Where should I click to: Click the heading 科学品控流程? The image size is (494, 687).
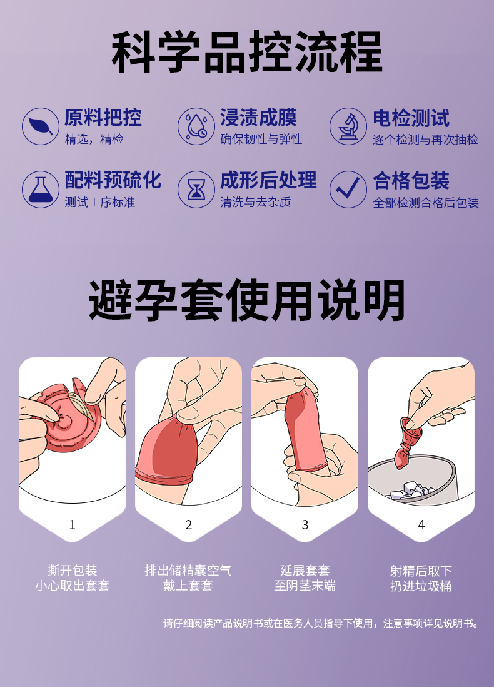point(247,52)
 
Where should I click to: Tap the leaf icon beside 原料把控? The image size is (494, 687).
point(41,126)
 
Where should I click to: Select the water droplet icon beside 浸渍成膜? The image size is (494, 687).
point(196,126)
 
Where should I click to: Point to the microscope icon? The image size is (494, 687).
point(348,126)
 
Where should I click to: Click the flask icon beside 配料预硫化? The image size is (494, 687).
point(41,190)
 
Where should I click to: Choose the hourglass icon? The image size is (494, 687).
point(196,190)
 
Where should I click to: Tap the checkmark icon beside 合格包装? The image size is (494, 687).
point(348,190)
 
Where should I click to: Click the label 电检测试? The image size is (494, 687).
point(411,118)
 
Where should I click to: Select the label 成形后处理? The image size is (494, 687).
point(268,181)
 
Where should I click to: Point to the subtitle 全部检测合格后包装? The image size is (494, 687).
point(426,203)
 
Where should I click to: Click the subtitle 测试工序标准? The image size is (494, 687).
point(100,202)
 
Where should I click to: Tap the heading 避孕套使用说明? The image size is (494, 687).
point(247,300)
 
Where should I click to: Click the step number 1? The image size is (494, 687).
point(73,524)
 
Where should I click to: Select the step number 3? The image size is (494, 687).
point(305,524)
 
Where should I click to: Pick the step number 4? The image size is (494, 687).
point(421,524)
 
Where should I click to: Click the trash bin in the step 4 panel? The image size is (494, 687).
point(411,480)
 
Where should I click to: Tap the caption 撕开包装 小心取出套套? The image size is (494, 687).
point(73,578)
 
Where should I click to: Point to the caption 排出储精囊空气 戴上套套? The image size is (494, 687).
point(188,578)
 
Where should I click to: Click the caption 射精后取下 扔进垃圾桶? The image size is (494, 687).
point(421,578)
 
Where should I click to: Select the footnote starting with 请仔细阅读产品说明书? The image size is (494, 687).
point(321,623)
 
